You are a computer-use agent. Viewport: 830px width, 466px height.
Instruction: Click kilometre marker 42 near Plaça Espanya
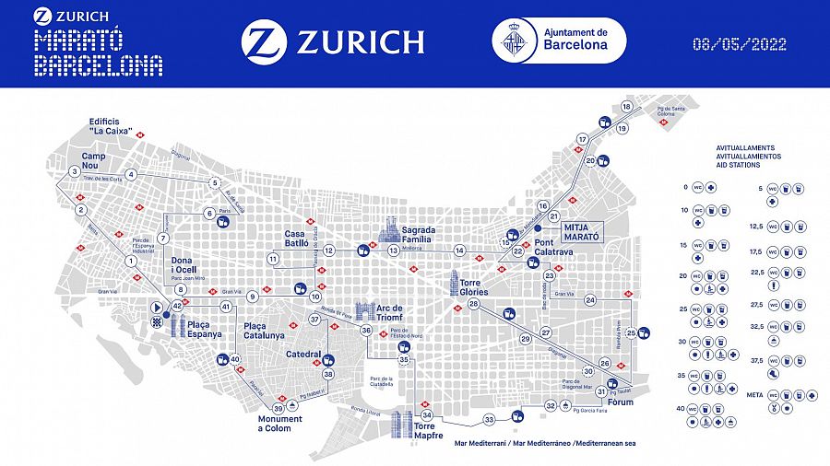pyautogui.click(x=178, y=306)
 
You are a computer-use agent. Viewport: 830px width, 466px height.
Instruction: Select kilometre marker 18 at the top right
pyautogui.click(x=627, y=107)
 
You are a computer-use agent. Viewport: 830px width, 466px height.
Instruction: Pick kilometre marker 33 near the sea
pyautogui.click(x=490, y=419)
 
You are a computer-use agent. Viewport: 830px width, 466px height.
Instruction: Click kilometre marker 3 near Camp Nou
pyautogui.click(x=74, y=171)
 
